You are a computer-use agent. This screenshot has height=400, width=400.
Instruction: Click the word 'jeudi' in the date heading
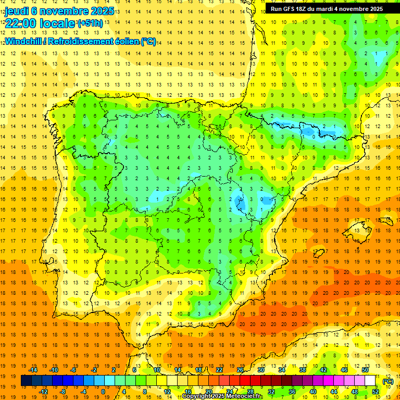tap(17, 10)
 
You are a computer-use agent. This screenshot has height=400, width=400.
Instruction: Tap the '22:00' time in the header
tap(20, 23)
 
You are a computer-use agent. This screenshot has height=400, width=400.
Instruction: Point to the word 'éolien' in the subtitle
tap(124, 42)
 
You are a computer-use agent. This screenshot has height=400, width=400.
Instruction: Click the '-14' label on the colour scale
tap(33, 370)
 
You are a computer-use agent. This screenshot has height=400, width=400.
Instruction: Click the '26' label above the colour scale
tap(240, 370)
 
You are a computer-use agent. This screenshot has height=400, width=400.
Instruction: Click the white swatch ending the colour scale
tap(370, 381)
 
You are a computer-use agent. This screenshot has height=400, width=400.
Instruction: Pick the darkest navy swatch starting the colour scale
tap(26, 381)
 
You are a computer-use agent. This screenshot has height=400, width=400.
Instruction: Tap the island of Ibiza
tap(318, 253)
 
